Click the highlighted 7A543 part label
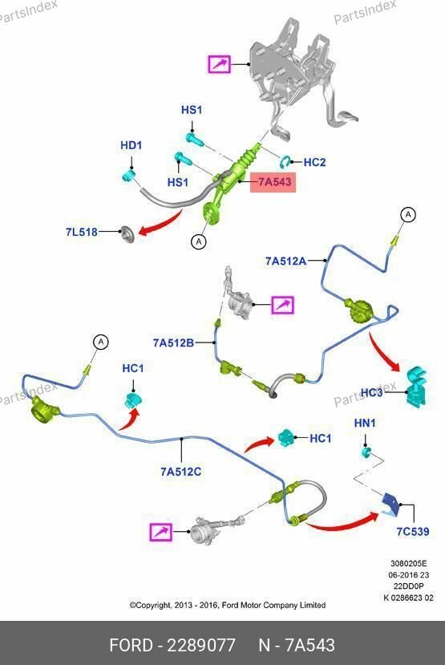[x=273, y=182]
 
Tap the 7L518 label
[x=81, y=232]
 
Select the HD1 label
[x=131, y=145]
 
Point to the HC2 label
[x=314, y=162]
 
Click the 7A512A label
[x=285, y=261]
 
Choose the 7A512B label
[x=173, y=343]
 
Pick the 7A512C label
[x=181, y=472]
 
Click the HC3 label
[x=372, y=393]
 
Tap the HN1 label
[x=365, y=423]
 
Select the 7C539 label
[x=413, y=531]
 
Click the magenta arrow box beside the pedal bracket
[x=219, y=64]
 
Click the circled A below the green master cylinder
[x=198, y=241]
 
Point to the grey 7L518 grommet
[x=127, y=234]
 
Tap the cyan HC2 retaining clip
[x=285, y=161]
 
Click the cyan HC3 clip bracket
[x=416, y=387]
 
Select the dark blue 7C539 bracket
[x=390, y=504]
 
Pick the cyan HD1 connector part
[x=127, y=175]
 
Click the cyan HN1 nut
[x=366, y=452]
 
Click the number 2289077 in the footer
[x=201, y=645]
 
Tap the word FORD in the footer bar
[x=131, y=645]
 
